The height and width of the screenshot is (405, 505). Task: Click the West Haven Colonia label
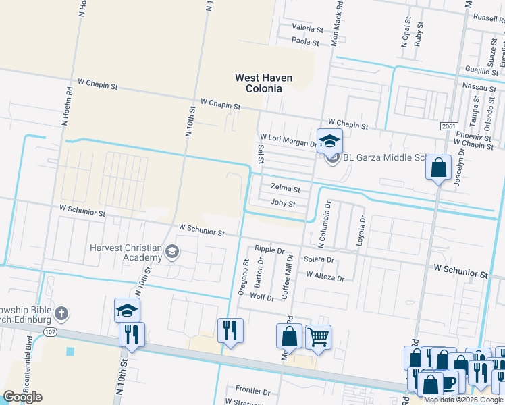point(263,83)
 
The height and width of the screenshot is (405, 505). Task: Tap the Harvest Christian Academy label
point(126,252)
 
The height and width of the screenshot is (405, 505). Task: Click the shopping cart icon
point(318,335)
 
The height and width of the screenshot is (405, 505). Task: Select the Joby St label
point(283,203)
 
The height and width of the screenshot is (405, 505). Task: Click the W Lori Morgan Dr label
point(288,138)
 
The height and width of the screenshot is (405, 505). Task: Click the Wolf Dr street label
point(262,297)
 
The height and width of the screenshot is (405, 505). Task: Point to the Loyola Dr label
point(361,230)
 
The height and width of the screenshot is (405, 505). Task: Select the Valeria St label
point(307,28)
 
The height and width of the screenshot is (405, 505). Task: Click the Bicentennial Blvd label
point(28,365)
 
